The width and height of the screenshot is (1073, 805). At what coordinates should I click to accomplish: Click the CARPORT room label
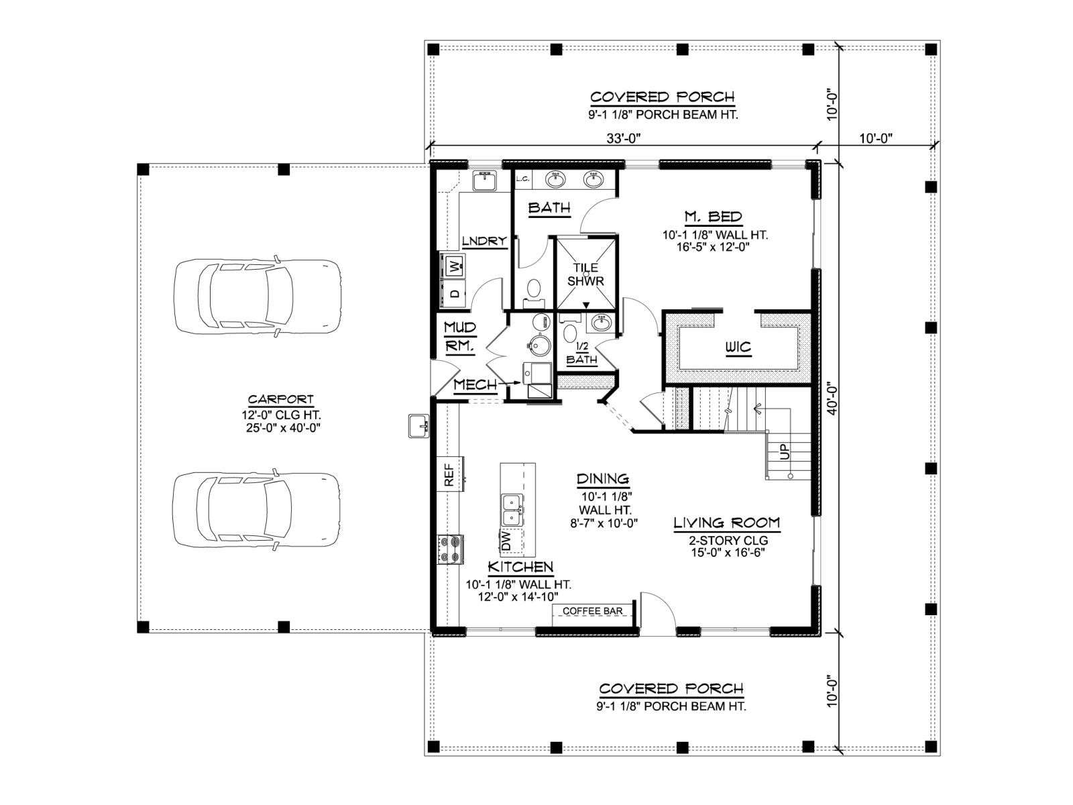point(280,400)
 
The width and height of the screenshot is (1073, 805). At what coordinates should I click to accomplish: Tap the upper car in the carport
point(258,296)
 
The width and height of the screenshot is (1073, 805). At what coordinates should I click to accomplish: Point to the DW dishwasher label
point(507,541)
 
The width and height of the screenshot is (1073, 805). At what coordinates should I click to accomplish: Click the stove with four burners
point(449,549)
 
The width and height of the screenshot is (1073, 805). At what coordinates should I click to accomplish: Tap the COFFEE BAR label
point(592,611)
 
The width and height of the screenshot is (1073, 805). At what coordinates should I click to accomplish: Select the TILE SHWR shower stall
point(585,274)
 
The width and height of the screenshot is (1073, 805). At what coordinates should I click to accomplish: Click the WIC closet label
point(737,347)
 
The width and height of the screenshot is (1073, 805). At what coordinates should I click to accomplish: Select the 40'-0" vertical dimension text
point(832,399)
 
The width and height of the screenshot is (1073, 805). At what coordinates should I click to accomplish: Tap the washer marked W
point(455,267)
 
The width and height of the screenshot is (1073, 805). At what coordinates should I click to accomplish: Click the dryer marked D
point(455,292)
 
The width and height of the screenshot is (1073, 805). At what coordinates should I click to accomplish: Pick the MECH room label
point(475,385)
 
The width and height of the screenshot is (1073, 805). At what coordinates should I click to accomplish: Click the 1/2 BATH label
point(581,354)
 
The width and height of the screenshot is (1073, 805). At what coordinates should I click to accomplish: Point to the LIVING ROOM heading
point(726,523)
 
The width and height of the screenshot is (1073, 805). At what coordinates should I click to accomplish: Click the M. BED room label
point(713,217)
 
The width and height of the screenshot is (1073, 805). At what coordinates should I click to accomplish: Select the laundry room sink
point(484,181)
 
